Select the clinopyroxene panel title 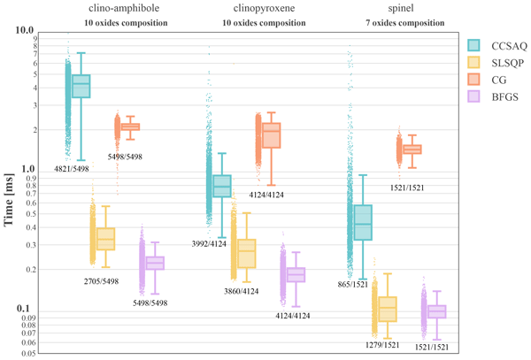pos(246,8)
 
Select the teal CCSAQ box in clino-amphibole pos(81,86)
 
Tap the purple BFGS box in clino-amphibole pos(156,263)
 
